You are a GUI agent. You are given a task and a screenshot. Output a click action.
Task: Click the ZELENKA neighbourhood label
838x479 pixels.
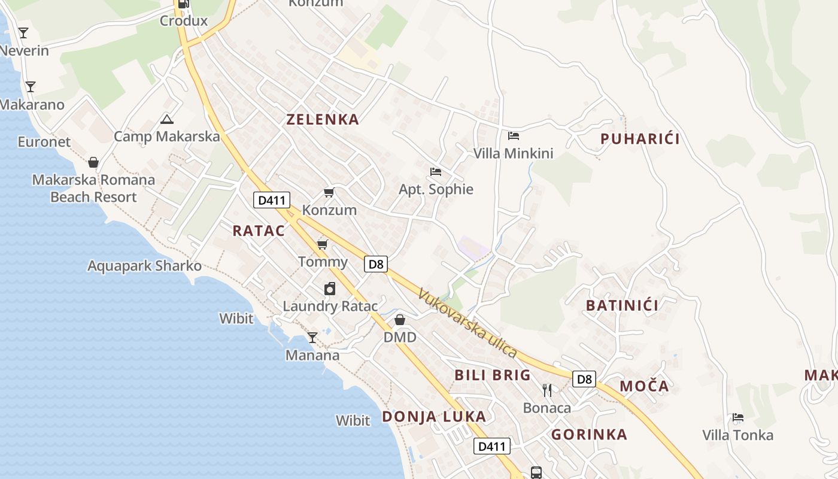tap(323, 119)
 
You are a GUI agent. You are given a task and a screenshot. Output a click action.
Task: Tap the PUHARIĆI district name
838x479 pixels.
tap(640, 139)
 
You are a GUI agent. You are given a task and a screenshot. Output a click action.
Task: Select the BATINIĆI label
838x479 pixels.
tap(622, 305)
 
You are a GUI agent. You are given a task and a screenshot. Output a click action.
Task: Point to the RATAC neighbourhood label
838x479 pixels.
tap(259, 231)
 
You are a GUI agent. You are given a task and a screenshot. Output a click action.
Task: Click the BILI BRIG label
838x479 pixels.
tap(493, 375)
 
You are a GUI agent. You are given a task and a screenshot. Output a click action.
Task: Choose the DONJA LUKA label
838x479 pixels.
tap(434, 416)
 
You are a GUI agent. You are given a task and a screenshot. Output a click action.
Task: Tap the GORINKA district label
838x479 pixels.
tap(589, 434)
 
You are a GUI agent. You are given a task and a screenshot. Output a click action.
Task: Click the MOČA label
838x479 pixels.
tap(644, 386)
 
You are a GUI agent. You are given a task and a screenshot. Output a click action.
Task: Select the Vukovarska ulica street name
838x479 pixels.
tap(467, 323)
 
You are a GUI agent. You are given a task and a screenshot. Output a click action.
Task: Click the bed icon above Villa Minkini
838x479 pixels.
tap(514, 136)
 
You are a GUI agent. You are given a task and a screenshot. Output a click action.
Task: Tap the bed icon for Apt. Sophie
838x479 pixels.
tap(436, 172)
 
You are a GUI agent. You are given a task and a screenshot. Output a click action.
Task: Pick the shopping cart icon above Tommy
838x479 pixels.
tap(323, 244)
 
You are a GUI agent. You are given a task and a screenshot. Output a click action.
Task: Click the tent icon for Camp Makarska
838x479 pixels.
tap(167, 119)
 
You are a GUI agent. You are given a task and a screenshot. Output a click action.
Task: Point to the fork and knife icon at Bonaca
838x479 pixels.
tap(546, 390)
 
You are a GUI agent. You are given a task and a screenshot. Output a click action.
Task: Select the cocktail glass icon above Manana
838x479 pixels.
tap(312, 338)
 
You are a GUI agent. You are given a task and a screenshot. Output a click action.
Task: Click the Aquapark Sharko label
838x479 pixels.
tap(144, 266)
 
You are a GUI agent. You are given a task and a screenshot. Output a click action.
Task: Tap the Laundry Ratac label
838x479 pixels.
tap(330, 307)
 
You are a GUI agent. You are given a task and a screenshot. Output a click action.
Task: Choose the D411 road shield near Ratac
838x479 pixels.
tap(272, 199)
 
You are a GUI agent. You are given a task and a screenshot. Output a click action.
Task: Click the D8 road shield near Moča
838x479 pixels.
tap(584, 379)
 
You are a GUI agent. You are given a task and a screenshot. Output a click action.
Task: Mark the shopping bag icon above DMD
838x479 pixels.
tap(400, 320)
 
